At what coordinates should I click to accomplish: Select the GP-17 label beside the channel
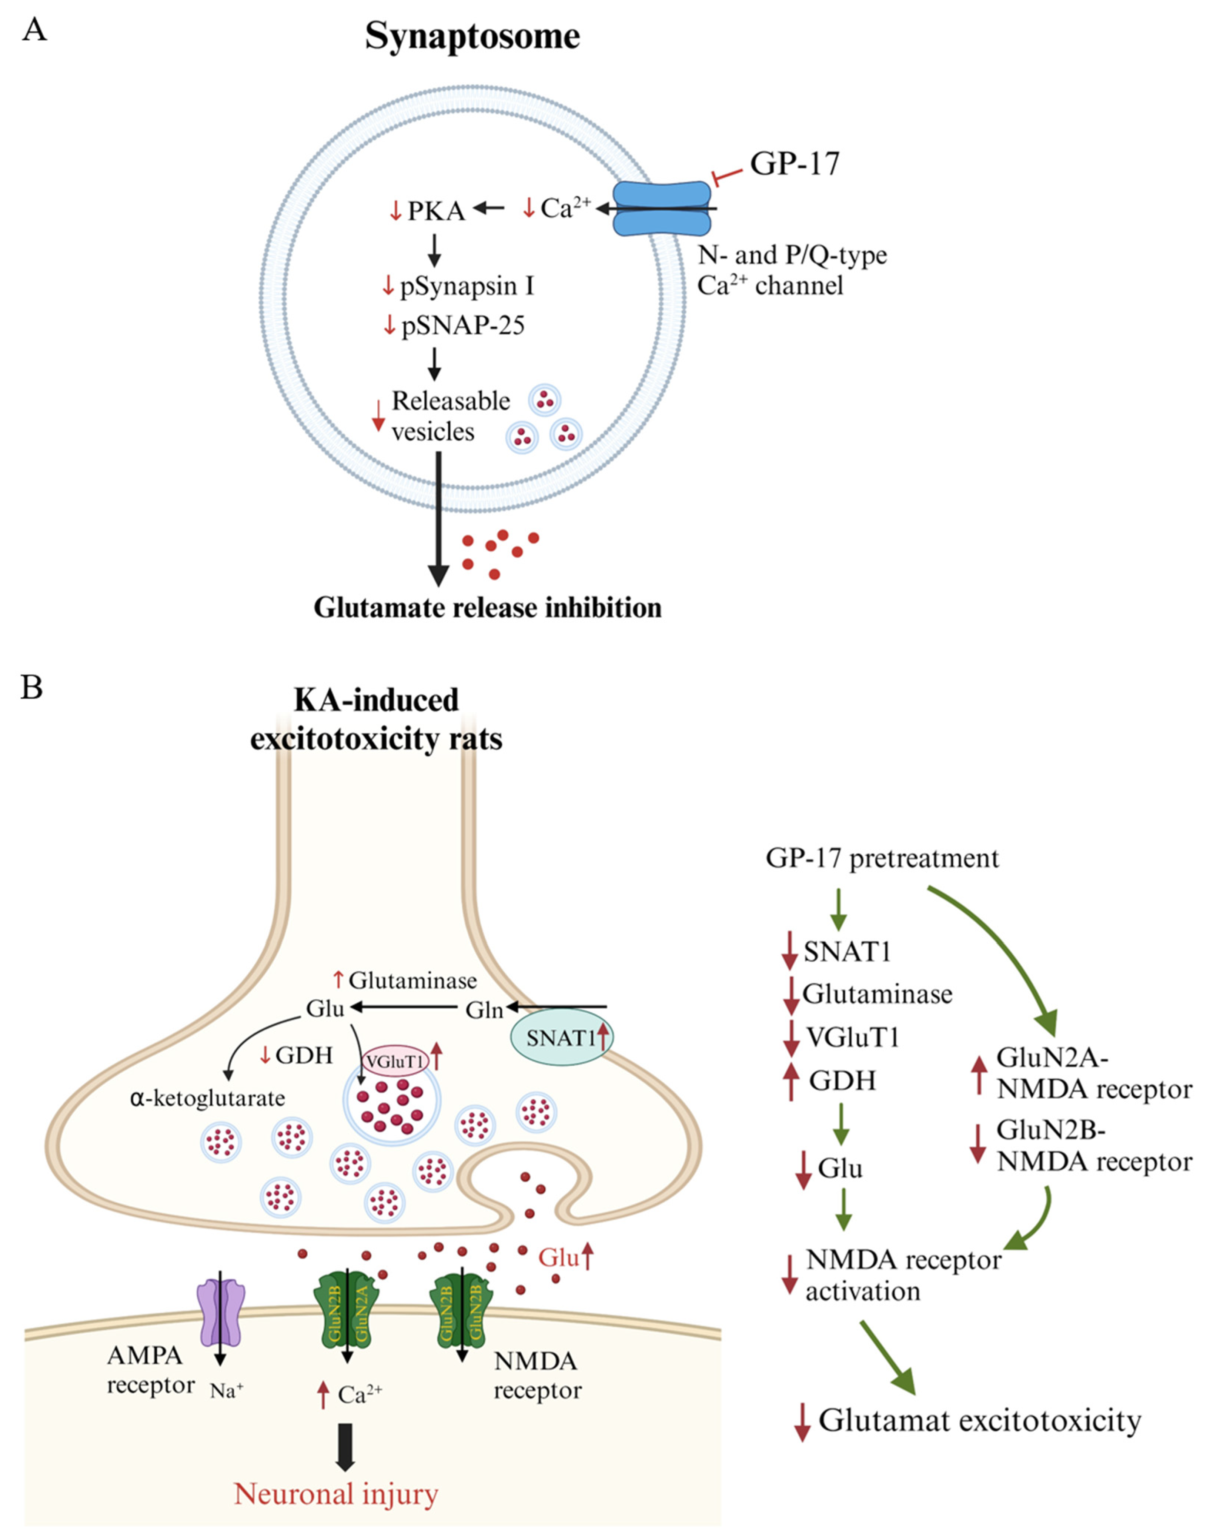[x=794, y=163]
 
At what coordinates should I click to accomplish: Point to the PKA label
[x=436, y=211]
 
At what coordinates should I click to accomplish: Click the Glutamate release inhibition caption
[x=488, y=607]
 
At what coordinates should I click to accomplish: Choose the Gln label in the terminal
[x=484, y=1010]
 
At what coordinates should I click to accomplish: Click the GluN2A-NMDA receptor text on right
[x=1093, y=1074]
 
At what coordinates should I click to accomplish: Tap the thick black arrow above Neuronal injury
[x=345, y=1446]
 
